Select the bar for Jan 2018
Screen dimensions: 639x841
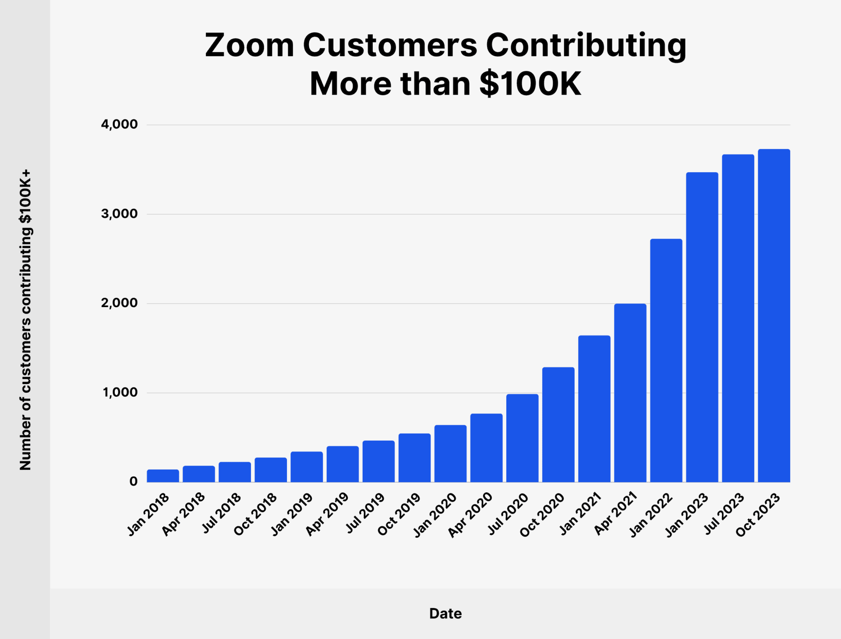[163, 476]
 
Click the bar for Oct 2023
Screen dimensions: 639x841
[774, 315]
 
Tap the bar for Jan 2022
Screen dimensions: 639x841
[666, 360]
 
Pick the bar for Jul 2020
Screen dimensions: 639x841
[522, 438]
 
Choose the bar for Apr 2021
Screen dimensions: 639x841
[630, 392]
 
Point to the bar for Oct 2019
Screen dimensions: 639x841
[414, 458]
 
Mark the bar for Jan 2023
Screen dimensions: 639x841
[702, 327]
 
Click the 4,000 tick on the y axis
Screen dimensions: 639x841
[119, 124]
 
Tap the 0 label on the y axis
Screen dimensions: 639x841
[133, 482]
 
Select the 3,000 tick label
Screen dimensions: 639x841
[119, 214]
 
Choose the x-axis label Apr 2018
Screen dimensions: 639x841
[183, 514]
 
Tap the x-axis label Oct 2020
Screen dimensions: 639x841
[542, 515]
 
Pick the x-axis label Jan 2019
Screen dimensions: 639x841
[291, 515]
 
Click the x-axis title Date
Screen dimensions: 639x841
[445, 614]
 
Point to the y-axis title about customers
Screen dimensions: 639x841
[25, 320]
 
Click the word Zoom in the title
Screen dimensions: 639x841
[249, 45]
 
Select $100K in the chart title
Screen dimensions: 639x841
[530, 83]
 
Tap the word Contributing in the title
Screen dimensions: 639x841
[586, 46]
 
